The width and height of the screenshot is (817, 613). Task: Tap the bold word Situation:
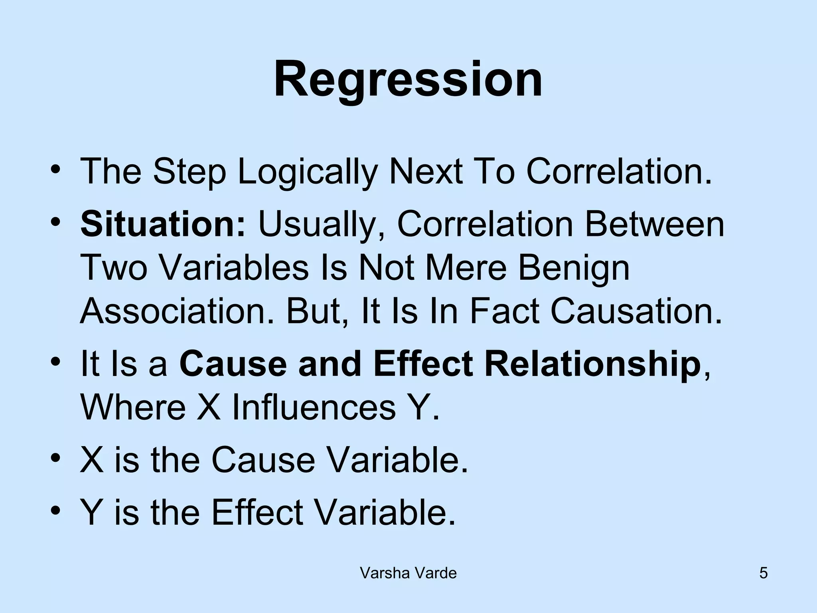[163, 224]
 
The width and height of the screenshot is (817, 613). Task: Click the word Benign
[574, 268]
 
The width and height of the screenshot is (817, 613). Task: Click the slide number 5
[763, 573]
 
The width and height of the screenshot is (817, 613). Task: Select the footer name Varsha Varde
[408, 573]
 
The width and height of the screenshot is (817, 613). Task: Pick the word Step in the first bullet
[189, 172]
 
